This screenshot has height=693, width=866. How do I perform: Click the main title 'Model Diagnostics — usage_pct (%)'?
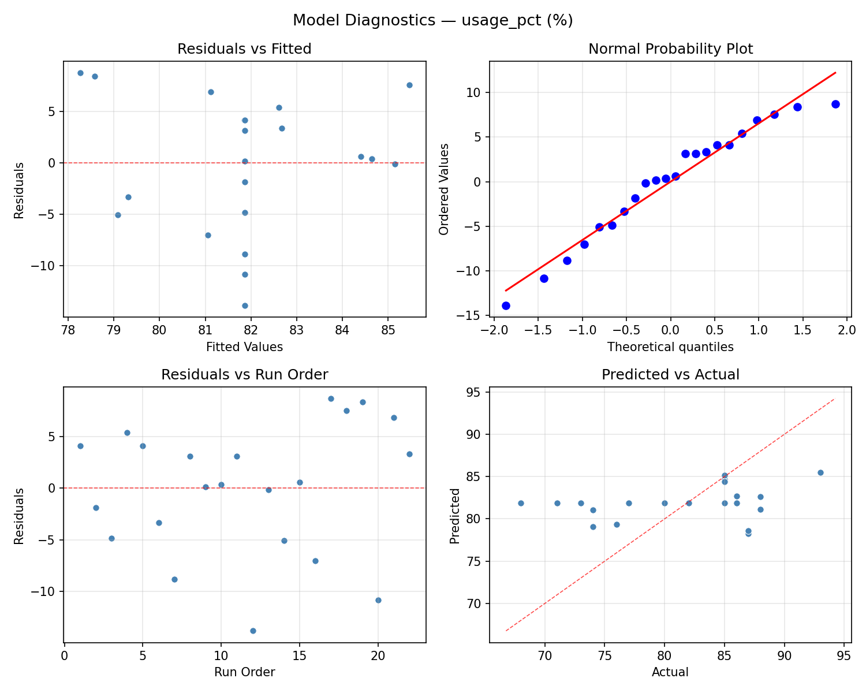(432, 20)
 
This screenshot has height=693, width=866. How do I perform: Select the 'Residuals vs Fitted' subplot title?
(244, 49)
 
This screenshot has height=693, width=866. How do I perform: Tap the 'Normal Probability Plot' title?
(670, 49)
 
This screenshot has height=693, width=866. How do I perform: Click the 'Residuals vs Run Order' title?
(244, 375)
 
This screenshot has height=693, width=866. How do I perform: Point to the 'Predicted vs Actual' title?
(670, 375)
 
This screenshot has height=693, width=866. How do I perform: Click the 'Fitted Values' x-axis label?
(244, 347)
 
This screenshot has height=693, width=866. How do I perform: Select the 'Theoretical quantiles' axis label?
(670, 347)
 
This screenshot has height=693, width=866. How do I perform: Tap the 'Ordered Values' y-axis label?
(443, 189)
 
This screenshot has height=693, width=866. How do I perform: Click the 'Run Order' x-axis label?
(244, 672)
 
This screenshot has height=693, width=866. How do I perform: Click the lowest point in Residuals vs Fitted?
(245, 305)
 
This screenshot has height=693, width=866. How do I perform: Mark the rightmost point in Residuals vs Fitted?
(409, 85)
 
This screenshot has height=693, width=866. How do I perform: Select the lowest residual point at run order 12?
(253, 631)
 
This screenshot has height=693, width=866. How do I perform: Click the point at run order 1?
(80, 446)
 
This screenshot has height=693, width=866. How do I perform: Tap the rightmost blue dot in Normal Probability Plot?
(835, 104)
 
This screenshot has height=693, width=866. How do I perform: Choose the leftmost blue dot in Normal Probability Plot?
(506, 305)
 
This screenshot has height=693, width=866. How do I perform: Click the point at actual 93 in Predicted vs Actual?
(820, 472)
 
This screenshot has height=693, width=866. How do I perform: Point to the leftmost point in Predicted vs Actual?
(521, 503)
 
